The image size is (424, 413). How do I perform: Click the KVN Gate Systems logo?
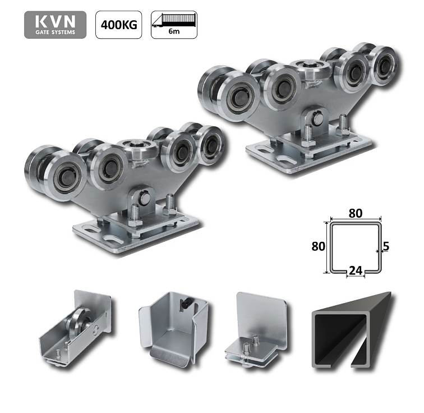pyautogui.click(x=55, y=25)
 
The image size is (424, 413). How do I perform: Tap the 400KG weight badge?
pyautogui.click(x=118, y=25)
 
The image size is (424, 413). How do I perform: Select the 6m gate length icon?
pyautogui.click(x=174, y=25)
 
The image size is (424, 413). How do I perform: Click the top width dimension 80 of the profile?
pyautogui.click(x=355, y=213)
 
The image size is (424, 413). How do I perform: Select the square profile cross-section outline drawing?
pyautogui.click(x=355, y=247)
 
